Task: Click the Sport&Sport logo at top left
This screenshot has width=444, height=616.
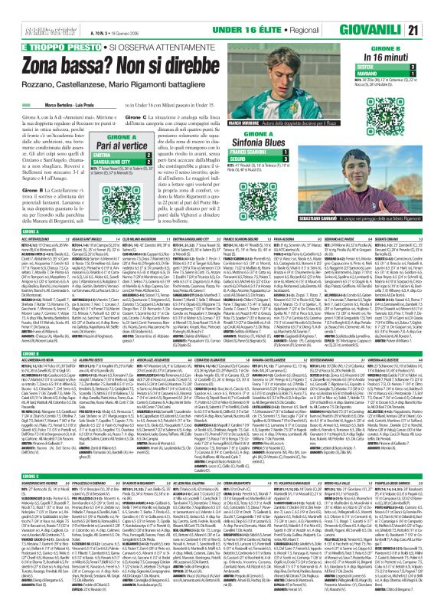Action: [x=27, y=8]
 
